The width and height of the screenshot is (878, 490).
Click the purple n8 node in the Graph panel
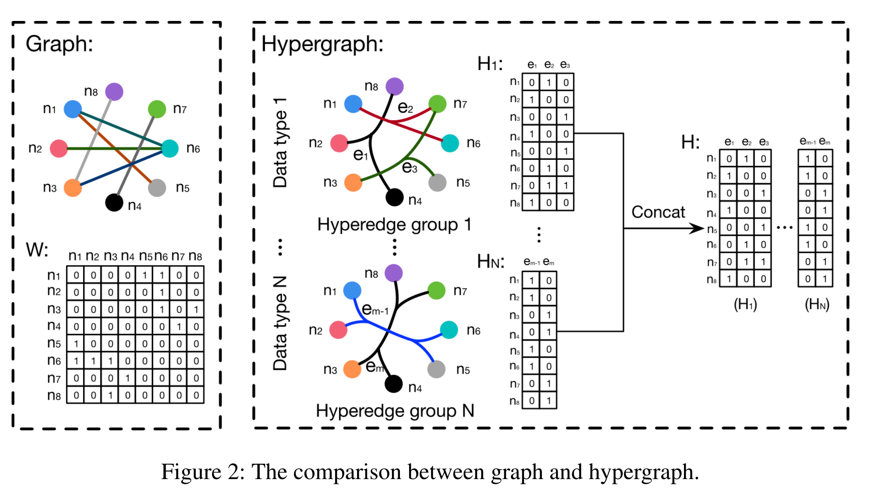tap(114, 92)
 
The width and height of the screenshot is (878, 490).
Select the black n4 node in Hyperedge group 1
tap(394, 197)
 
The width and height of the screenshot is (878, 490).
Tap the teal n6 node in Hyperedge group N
tap(449, 330)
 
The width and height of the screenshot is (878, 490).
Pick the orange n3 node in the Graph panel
tap(73, 188)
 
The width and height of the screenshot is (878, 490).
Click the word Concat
tap(658, 212)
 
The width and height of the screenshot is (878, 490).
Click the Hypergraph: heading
tap(322, 44)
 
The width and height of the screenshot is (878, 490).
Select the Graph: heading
tap(59, 44)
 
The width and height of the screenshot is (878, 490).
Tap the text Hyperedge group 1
tap(394, 224)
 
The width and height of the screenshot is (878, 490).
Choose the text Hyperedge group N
tap(395, 411)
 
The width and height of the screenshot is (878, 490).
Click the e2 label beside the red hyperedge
tap(405, 107)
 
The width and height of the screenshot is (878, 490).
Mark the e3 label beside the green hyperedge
tap(410, 167)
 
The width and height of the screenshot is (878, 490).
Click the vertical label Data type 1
tap(280, 143)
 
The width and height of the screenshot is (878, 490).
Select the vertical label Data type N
tap(280, 323)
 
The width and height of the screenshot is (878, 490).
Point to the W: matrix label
tap(37, 250)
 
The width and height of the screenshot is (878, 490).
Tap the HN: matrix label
tap(490, 262)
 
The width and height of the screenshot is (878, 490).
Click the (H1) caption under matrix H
tap(745, 304)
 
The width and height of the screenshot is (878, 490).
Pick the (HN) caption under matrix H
tap(817, 304)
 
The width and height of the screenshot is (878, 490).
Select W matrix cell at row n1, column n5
tap(145, 275)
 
